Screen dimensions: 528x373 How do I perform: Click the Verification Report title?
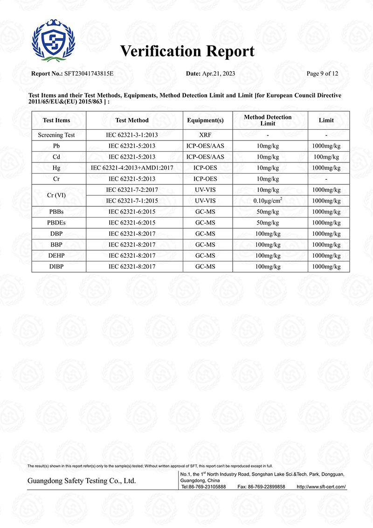187,51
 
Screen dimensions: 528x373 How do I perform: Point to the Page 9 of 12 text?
322,74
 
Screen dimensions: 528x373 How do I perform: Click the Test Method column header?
132,120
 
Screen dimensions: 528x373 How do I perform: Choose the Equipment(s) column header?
205,120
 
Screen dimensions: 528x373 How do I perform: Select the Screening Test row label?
56,135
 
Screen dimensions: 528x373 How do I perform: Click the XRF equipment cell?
205,135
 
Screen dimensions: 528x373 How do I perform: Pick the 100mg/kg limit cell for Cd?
326,157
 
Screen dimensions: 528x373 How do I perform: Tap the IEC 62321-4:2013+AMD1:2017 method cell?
132,168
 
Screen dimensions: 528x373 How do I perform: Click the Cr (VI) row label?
56,195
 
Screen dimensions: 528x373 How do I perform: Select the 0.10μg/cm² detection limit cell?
268,201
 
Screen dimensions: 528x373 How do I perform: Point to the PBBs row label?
56,212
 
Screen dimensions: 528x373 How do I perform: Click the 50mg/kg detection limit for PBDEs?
268,223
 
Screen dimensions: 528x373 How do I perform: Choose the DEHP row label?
56,256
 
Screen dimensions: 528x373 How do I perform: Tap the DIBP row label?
56,267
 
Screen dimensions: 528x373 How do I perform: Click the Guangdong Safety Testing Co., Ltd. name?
82,481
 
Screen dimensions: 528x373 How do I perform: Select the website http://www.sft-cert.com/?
322,486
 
